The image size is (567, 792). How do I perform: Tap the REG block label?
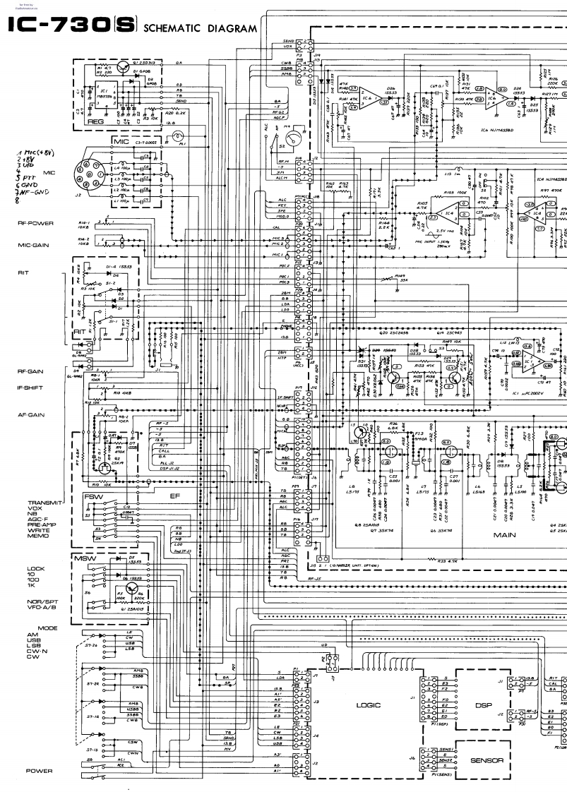tap(95, 121)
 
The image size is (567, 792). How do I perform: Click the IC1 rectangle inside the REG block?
tap(105, 95)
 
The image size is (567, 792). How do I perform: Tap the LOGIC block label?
tap(369, 704)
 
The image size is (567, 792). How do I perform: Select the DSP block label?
tap(483, 704)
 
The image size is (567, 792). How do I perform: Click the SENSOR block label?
tap(487, 760)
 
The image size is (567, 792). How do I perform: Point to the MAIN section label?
tap(505, 535)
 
